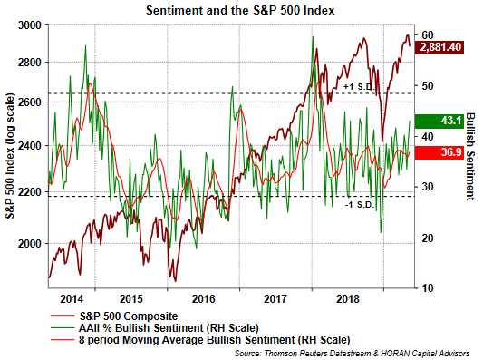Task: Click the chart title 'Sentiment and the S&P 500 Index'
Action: (240, 11)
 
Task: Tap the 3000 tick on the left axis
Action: (30, 25)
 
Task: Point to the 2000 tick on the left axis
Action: (30, 244)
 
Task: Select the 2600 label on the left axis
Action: (30, 102)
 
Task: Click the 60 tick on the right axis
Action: (427, 35)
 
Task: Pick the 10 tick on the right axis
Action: (427, 287)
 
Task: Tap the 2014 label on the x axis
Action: (72, 299)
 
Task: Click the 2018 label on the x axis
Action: (348, 299)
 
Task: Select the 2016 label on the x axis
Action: (203, 299)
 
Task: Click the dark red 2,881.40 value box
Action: (440, 47)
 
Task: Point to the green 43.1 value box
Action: (440, 121)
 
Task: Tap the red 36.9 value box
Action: (440, 152)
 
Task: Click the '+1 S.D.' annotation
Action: (359, 87)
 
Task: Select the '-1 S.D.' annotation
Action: (359, 204)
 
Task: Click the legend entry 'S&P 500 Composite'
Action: (114, 316)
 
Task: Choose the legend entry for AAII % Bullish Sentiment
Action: (155, 328)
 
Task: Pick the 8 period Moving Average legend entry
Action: (200, 340)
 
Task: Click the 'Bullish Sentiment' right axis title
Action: (470, 157)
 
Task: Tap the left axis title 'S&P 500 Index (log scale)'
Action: (10, 156)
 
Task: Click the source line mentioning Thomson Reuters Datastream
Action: (352, 354)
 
